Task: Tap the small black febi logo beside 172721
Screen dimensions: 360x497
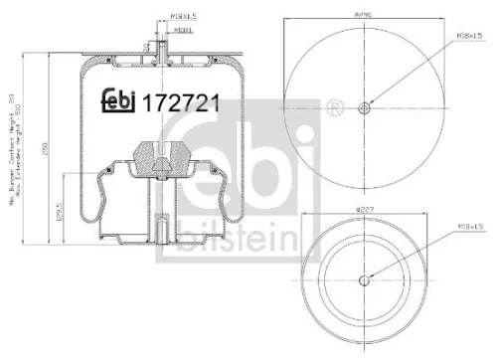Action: (122, 101)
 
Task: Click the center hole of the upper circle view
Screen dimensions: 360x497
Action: (364, 108)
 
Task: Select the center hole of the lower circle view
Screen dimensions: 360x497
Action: (364, 278)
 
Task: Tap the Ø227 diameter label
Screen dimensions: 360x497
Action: (367, 211)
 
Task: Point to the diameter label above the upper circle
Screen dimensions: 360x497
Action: (364, 16)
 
